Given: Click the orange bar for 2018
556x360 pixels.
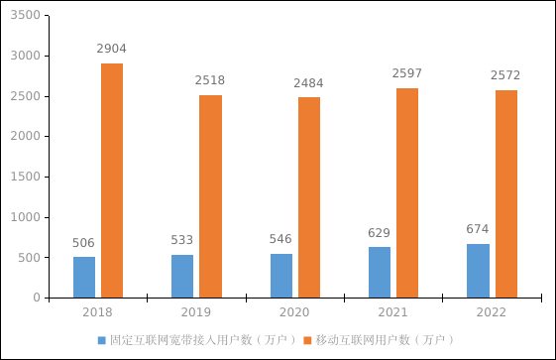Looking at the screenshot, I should click(x=111, y=180).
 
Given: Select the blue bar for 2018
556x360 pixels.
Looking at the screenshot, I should click(x=84, y=277).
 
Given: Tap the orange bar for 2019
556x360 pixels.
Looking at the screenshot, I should click(x=210, y=196).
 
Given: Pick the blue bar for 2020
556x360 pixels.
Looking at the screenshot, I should click(x=281, y=276).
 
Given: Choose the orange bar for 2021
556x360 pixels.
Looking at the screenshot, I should click(x=407, y=193).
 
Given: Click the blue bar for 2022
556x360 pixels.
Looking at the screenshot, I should click(x=478, y=271).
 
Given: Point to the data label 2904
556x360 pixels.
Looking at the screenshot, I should click(x=111, y=49).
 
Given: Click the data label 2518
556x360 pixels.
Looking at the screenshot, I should click(x=210, y=80).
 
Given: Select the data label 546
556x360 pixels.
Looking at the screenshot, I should click(x=281, y=239).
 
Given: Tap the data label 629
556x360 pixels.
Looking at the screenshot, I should click(x=380, y=233).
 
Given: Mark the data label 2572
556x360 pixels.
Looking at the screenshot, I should click(x=505, y=75).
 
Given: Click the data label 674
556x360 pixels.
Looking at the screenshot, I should click(x=478, y=229).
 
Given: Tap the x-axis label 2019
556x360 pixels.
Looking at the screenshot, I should click(x=196, y=312).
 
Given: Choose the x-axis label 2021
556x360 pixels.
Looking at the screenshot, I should click(x=393, y=312).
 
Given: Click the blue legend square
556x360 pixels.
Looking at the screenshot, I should click(x=101, y=340).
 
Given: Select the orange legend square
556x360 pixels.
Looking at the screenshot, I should click(x=306, y=340).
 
